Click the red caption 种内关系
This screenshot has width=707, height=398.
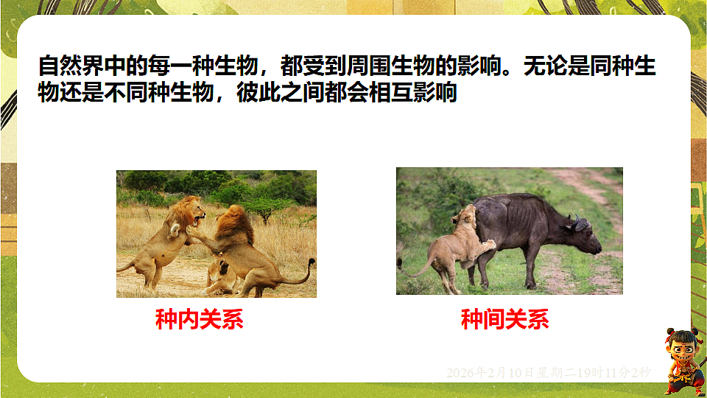point(199,319)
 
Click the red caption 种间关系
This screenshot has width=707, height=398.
point(504,319)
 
